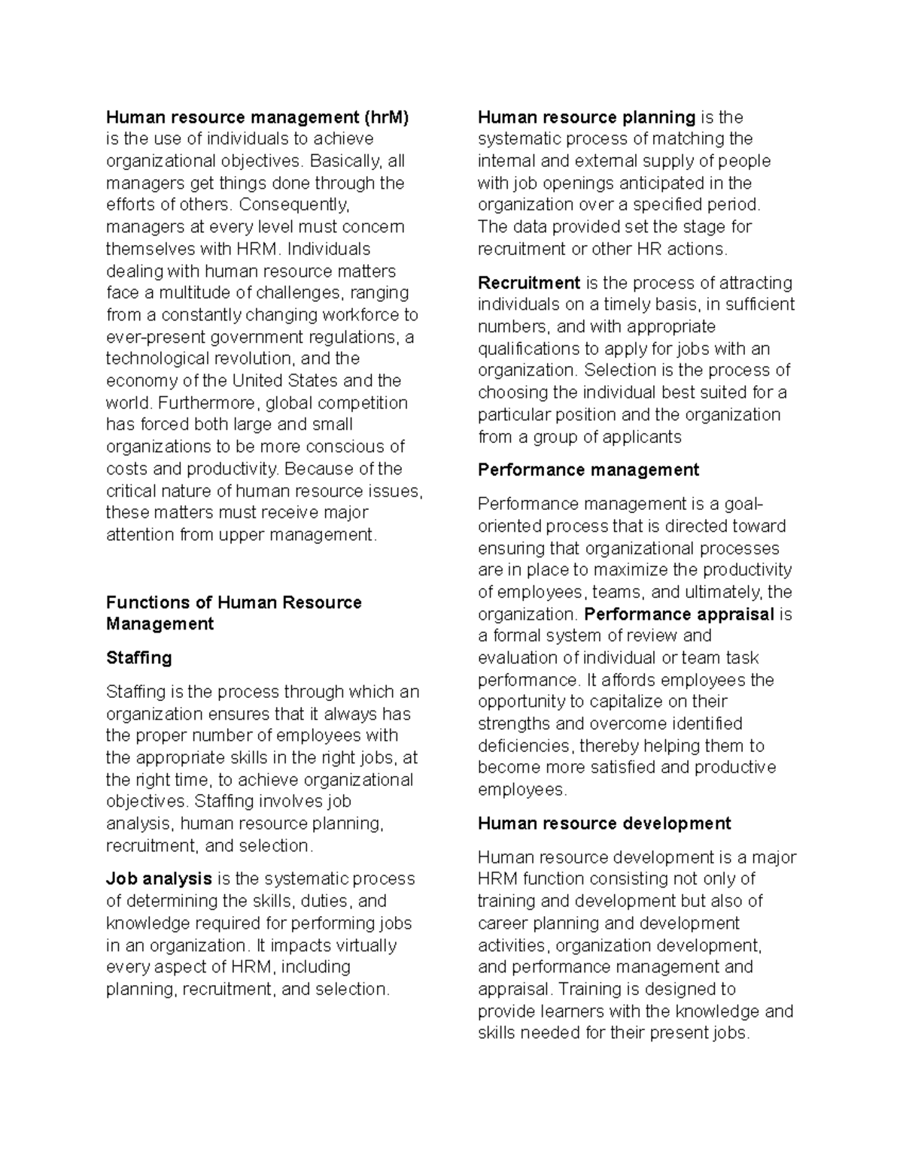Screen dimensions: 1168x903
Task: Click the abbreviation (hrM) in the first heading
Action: (386, 117)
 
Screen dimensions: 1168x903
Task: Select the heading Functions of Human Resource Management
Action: (233, 613)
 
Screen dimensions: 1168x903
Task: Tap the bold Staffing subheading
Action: (139, 658)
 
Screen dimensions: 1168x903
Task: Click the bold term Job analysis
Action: (159, 878)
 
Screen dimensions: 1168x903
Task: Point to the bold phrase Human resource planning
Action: (586, 117)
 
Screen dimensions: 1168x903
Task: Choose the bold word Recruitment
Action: (529, 283)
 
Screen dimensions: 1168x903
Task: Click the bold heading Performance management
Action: (588, 470)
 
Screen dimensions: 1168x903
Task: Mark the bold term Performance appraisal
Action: (679, 614)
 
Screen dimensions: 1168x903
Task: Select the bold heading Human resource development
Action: (604, 824)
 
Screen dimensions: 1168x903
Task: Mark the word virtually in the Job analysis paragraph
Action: (357, 945)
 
